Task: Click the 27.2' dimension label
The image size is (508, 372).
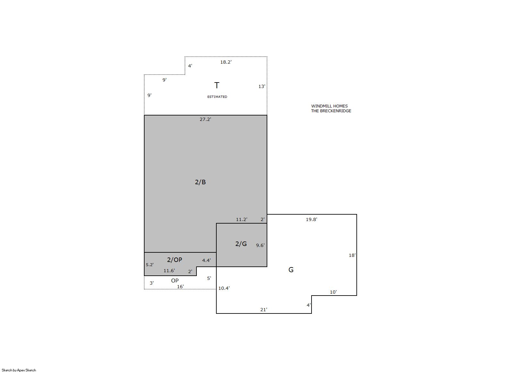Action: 205,119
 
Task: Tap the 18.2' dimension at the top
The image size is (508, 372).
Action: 226,62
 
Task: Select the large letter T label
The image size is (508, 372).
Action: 217,85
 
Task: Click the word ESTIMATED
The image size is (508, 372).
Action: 217,97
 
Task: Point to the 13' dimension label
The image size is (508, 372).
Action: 262,86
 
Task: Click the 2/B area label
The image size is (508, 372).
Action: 200,182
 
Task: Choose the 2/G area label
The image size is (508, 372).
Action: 241,244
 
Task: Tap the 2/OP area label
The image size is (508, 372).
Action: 174,260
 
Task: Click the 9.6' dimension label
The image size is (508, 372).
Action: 260,245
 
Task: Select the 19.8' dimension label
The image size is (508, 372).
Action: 312,219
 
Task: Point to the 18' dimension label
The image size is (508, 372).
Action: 352,255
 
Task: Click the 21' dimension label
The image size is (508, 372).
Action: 264,310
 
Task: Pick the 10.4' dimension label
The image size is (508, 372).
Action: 224,288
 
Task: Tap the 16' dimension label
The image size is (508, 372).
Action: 180,287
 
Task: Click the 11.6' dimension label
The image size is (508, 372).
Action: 169,270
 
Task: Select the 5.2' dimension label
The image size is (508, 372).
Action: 150,265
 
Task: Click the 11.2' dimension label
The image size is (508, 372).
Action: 242,219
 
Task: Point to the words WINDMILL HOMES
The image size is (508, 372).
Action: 329,106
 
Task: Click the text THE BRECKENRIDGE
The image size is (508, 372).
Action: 331,111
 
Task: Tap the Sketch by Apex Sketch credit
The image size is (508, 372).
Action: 19,370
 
